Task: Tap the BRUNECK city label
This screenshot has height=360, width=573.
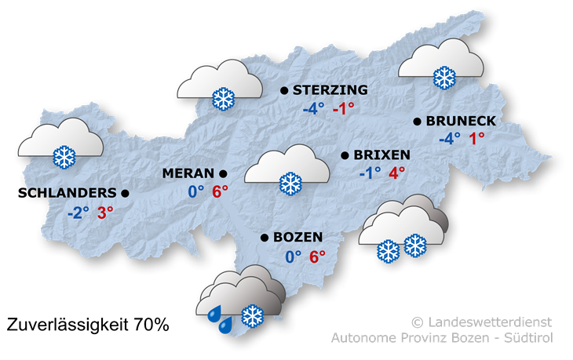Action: [461, 121]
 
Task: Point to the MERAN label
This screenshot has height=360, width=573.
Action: [188, 173]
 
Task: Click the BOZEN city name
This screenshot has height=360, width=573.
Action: [297, 237]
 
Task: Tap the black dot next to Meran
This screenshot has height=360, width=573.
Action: [223, 173]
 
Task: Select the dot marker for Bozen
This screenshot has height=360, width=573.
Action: [265, 237]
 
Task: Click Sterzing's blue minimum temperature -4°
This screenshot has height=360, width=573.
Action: [313, 109]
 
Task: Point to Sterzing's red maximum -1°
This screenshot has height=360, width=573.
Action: [343, 109]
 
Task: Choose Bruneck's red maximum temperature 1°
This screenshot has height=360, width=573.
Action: [476, 139]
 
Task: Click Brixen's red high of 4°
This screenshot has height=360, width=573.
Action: [396, 173]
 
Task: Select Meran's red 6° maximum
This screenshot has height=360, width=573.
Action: [219, 191]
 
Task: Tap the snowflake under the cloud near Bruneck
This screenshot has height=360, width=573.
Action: [444, 77]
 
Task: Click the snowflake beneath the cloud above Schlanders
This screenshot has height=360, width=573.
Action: [63, 156]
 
